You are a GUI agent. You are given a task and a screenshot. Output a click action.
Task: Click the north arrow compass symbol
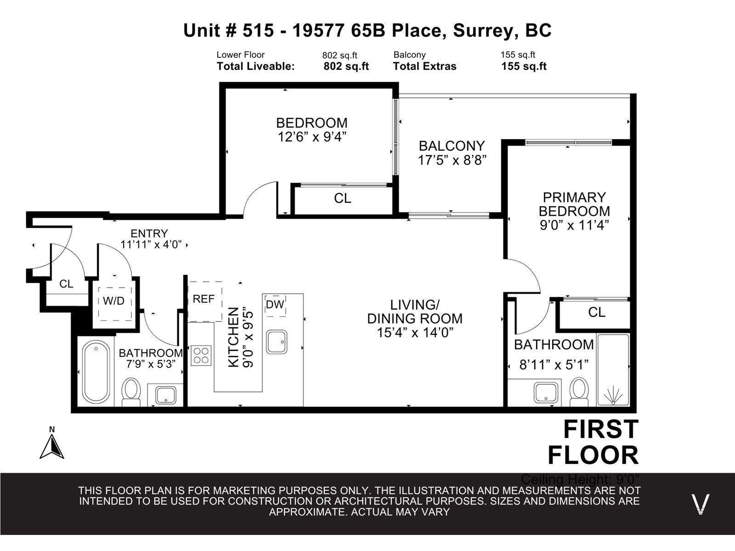pos(52,444)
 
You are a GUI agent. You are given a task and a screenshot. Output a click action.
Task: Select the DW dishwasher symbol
pos(275,304)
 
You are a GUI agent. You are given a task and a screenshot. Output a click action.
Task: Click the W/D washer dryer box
pos(113,302)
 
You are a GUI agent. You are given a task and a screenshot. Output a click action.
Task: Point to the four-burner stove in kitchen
pos(201,355)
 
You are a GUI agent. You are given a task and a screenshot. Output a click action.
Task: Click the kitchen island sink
pos(277,342)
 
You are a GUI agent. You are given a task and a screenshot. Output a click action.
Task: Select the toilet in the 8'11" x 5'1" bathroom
pos(579,391)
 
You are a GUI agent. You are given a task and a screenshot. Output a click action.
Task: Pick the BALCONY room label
pos(452,146)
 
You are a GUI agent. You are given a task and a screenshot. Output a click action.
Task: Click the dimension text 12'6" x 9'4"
pos(311,137)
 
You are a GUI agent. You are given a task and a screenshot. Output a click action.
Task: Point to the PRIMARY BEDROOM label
pos(574,204)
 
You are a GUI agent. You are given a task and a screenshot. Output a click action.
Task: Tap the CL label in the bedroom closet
pos(342,198)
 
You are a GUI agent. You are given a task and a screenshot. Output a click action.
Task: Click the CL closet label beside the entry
pos(66,284)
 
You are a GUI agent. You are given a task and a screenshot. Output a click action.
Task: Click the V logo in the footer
pos(701,504)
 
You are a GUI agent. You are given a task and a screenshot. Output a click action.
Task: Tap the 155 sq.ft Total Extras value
pos(524,66)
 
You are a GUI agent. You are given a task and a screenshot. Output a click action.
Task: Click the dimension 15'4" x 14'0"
pos(415,333)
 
